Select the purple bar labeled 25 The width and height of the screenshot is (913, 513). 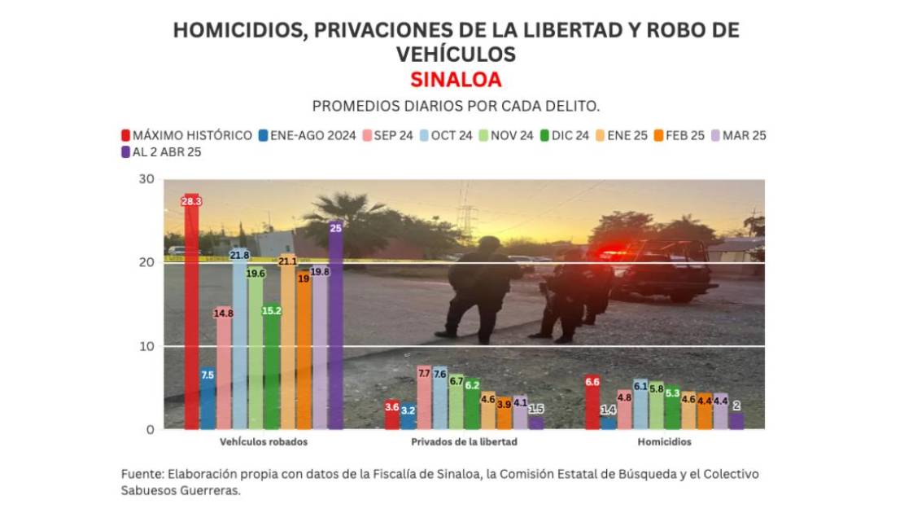click(335, 326)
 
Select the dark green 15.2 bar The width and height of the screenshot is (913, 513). click(272, 366)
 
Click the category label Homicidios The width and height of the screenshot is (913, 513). click(665, 442)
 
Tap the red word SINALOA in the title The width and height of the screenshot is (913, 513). click(456, 80)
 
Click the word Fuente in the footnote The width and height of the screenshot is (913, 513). click(141, 474)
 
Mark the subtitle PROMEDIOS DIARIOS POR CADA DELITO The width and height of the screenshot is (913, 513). click(456, 107)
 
